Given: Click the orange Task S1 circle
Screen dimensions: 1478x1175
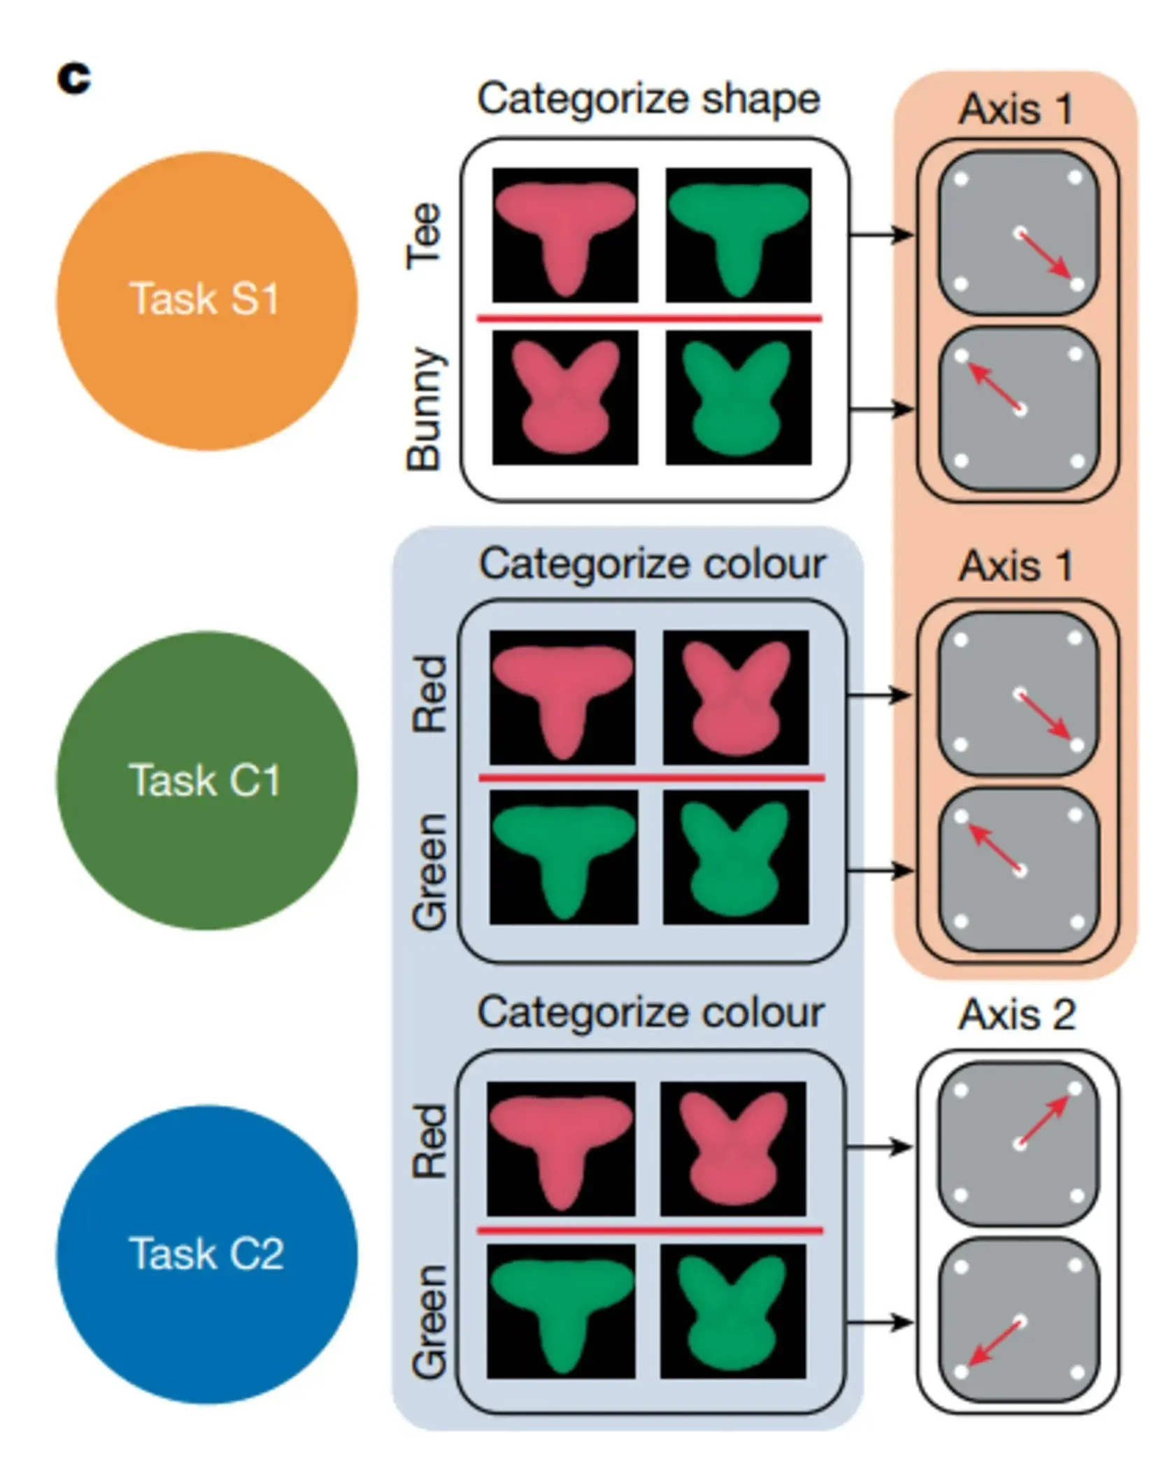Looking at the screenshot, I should tap(206, 301).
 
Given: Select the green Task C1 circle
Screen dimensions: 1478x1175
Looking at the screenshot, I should tap(206, 780).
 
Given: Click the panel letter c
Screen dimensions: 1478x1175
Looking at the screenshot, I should tap(74, 78).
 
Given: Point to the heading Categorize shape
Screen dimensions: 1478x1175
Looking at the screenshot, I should tap(648, 99).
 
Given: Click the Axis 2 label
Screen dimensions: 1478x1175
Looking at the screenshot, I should tap(1016, 1014).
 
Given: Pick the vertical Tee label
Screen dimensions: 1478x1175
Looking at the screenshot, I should tap(425, 236).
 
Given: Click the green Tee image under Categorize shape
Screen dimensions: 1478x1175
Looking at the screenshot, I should tap(739, 235).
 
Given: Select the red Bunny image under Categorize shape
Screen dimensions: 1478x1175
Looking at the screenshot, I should tap(565, 397).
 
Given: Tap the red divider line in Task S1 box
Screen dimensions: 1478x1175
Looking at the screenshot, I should tap(649, 319).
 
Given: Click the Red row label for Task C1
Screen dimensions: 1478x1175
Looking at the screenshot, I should tap(429, 694).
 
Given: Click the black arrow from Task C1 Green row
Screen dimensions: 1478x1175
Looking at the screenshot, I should tap(879, 871).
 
